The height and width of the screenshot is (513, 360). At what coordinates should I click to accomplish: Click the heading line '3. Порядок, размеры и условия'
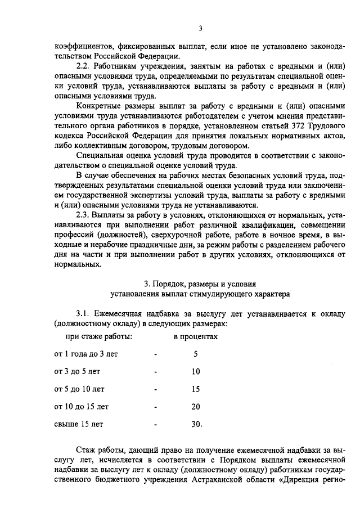click(x=200, y=283)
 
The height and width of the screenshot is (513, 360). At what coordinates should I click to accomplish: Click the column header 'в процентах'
click(x=195, y=336)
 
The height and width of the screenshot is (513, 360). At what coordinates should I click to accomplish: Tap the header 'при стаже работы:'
click(x=99, y=336)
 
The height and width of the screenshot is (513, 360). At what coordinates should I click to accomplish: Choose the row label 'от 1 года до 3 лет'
click(x=86, y=354)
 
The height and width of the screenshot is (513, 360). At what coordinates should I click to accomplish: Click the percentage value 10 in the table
click(x=196, y=372)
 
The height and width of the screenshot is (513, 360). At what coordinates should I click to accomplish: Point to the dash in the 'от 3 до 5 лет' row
click(x=154, y=372)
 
